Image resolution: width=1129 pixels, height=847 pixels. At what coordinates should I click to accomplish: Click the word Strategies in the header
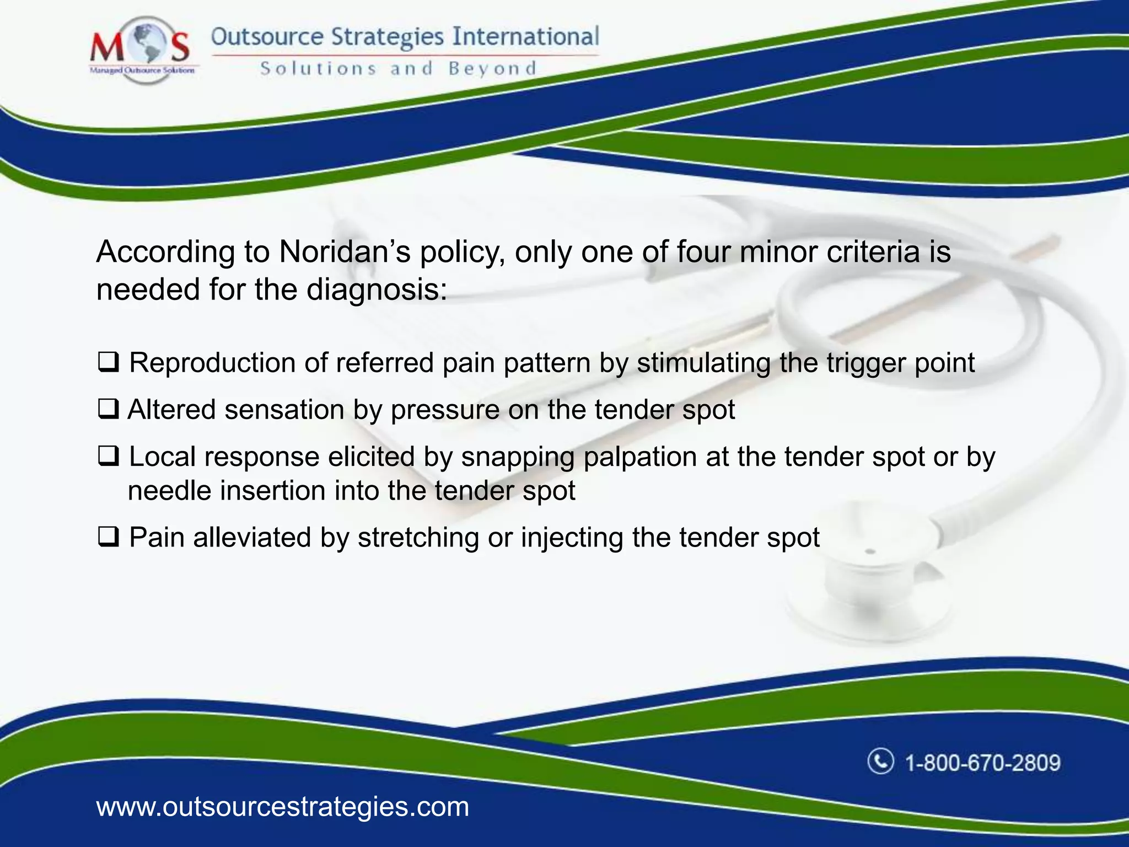tap(387, 37)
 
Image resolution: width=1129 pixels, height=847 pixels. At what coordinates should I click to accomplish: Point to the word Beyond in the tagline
tap(492, 68)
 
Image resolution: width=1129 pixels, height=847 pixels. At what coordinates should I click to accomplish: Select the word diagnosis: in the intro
tap(377, 290)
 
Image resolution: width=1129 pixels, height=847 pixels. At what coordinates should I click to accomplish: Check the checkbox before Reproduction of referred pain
tap(109, 363)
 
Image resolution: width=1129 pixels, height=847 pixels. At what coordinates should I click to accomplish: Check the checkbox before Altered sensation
tap(109, 410)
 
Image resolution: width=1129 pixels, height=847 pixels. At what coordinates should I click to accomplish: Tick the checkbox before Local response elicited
tap(109, 457)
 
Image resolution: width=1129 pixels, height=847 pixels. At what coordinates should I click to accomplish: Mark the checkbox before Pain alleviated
tap(109, 537)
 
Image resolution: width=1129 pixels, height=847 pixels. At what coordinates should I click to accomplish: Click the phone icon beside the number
tap(880, 762)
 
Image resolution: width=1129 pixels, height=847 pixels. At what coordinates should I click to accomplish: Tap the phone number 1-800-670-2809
tap(983, 763)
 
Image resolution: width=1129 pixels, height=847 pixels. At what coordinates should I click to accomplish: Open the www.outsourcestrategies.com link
tap(282, 807)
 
